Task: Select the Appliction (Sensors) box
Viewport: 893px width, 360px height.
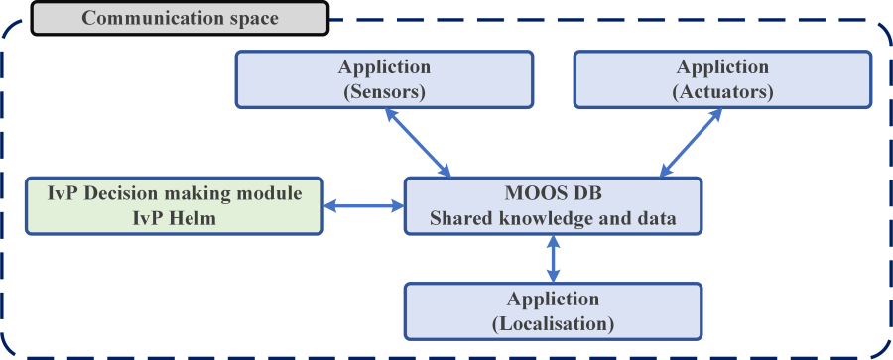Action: click(383, 80)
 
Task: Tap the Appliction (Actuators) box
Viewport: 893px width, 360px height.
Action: click(721, 80)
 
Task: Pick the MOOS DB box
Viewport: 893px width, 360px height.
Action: click(553, 205)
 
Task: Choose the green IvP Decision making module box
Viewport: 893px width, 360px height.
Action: click(175, 205)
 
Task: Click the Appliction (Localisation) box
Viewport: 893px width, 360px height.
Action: click(553, 310)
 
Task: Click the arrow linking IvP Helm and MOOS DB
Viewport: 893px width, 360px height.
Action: click(364, 206)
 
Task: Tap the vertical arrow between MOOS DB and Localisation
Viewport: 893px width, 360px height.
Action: click(554, 258)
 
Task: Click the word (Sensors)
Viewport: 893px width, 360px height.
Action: click(384, 93)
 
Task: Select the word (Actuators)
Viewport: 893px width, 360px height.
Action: click(721, 93)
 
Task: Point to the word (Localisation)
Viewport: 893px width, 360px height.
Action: click(554, 323)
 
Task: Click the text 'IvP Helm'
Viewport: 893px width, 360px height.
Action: click(175, 218)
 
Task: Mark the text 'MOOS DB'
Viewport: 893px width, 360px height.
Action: click(553, 193)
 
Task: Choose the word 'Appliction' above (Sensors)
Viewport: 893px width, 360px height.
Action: click(384, 67)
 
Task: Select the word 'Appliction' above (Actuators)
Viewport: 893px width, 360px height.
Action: click(721, 67)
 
